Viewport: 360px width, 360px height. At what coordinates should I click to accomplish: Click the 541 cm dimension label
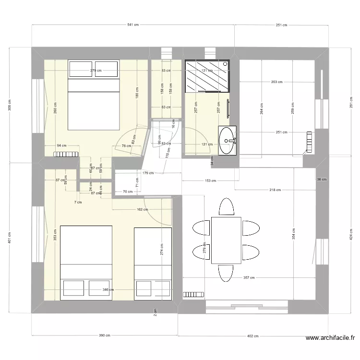pos(133,25)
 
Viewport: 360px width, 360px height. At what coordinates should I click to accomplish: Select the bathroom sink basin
pos(227,140)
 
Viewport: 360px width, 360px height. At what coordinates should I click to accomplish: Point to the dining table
pos(226,240)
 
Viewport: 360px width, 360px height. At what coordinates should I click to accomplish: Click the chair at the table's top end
pos(226,206)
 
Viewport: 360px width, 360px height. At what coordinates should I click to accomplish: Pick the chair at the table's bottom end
pos(226,273)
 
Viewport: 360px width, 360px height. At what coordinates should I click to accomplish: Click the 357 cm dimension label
pos(249,277)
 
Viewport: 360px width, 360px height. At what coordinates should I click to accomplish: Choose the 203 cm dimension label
pos(277,82)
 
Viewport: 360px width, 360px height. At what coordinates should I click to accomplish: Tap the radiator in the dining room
pos(194,294)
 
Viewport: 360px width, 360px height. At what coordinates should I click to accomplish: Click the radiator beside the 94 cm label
pos(66,154)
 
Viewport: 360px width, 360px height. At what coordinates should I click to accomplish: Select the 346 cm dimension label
pos(108,289)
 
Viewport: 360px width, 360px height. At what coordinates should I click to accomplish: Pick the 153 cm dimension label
pos(208,181)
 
